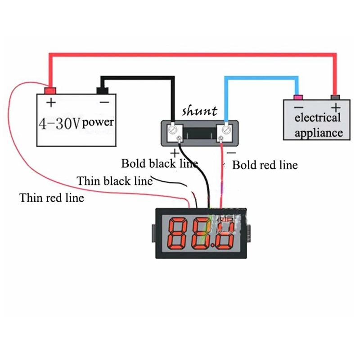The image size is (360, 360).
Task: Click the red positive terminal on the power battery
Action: (50, 91)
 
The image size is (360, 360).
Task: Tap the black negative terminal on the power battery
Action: (103, 90)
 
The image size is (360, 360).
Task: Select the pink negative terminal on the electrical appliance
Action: (298, 97)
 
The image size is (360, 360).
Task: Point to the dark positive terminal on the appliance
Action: (335, 97)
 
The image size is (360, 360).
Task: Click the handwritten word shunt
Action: (199, 111)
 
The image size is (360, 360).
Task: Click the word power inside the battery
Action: (98, 122)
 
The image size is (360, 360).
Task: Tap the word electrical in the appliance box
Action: (318, 118)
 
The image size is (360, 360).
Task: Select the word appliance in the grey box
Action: (319, 133)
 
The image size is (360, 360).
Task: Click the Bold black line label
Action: (160, 164)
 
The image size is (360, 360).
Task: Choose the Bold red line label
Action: (265, 165)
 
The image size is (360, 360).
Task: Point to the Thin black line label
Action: (115, 181)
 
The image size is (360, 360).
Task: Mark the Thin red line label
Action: (52, 198)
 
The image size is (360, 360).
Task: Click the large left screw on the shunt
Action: (173, 130)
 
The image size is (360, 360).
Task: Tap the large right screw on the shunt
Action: (226, 130)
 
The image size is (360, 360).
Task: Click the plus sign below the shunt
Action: (175, 153)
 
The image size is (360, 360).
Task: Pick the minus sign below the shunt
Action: (231, 153)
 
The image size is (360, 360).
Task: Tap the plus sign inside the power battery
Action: (51, 103)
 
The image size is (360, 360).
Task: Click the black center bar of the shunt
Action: (200, 133)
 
